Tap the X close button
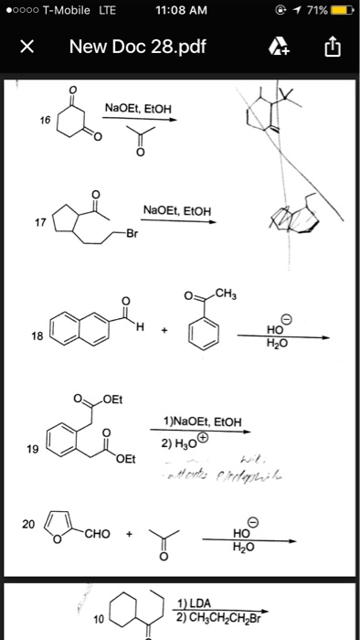[x=27, y=47]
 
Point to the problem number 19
[x=34, y=450]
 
